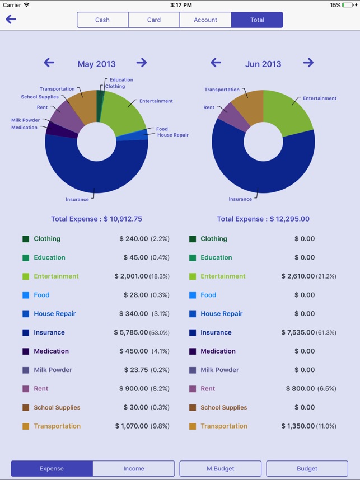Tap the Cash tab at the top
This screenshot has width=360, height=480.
tap(102, 20)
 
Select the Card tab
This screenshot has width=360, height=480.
tap(154, 20)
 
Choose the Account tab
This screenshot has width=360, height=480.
tap(205, 20)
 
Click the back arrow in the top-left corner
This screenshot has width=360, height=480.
tap(11, 20)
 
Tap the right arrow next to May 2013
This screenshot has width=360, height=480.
tap(142, 63)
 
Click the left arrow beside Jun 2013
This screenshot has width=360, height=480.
tap(216, 63)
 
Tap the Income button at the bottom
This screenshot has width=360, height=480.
tap(134, 468)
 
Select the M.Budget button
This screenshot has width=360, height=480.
tap(221, 468)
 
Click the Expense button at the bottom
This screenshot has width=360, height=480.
tap(52, 468)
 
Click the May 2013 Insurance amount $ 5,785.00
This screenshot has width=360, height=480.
tap(131, 332)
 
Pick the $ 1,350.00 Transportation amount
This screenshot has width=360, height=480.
tap(298, 426)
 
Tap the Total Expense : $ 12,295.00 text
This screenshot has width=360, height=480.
tap(263, 219)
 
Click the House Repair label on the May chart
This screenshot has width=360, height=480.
tap(172, 135)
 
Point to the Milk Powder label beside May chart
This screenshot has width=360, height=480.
tap(25, 120)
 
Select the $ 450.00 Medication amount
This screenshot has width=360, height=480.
tap(133, 351)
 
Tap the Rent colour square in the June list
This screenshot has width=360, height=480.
tap(193, 389)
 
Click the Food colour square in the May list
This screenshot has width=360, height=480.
tap(26, 295)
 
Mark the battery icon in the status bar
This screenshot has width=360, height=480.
tap(350, 5)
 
